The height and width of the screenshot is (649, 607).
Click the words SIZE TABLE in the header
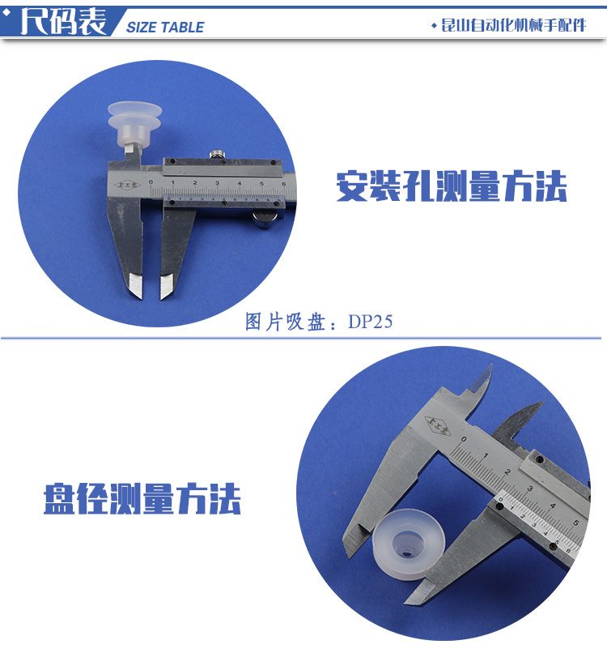coord(165,28)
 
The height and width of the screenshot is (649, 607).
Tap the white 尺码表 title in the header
coord(64,21)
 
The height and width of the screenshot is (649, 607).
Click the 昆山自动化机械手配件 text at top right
coord(513,26)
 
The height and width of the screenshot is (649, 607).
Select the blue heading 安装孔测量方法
coord(451,186)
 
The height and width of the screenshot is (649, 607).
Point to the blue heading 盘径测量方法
coord(142,499)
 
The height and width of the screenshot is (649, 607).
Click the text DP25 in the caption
coord(370,322)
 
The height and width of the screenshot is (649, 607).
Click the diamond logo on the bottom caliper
coord(438,426)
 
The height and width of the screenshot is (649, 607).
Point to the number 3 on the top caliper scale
coord(217,182)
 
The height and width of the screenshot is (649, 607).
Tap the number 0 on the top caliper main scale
coord(151,181)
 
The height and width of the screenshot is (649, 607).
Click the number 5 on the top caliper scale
coord(261,183)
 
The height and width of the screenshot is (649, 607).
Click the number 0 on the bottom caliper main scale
coord(464,438)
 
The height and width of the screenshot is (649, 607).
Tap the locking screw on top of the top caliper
coord(215,155)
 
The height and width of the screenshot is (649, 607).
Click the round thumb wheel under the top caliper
coord(263,219)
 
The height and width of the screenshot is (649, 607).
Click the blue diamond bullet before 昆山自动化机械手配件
coord(434,26)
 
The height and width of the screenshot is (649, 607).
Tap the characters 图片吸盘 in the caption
coord(285,322)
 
